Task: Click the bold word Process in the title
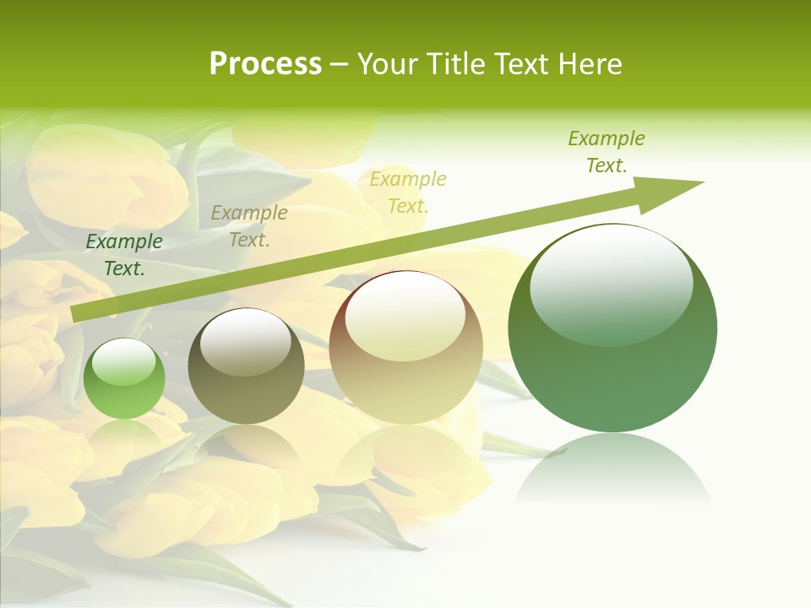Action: point(265,64)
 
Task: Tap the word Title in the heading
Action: point(456,64)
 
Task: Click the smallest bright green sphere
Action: point(124,379)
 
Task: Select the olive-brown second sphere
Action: point(246,366)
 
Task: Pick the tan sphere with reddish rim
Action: point(406,348)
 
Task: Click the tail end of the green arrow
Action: point(78,313)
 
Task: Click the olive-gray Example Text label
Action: point(248,226)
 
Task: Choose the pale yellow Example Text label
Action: point(408,192)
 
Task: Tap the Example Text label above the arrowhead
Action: point(606,152)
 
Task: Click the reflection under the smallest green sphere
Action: point(124,435)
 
